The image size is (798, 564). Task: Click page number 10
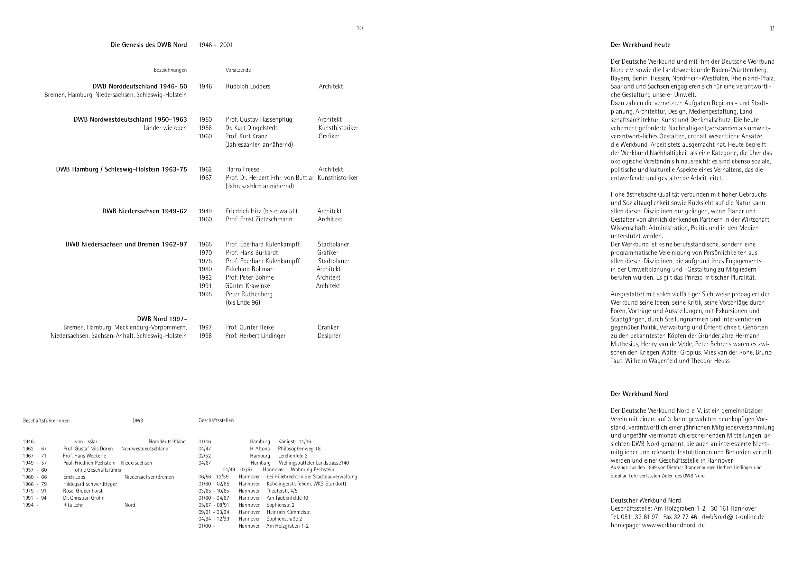tap(359, 28)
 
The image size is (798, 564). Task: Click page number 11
tap(772, 29)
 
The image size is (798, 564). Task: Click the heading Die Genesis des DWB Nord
tap(148, 45)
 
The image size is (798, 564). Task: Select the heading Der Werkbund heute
tap(640, 45)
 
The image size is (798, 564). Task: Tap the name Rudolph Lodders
tap(248, 86)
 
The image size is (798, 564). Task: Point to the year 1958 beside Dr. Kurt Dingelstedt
tap(205, 128)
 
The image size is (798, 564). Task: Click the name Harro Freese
tap(243, 169)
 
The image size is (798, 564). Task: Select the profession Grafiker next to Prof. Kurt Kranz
tap(329, 136)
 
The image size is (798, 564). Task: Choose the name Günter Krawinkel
tap(248, 286)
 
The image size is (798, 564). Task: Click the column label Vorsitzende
tap(238, 70)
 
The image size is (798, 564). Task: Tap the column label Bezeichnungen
tap(170, 70)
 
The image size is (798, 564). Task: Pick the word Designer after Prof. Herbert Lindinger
tap(329, 336)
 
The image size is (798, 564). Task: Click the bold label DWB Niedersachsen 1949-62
tap(144, 211)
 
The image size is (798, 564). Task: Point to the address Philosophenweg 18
tap(299, 448)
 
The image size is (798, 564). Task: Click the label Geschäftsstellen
tap(216, 420)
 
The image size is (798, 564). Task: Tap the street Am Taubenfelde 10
tap(287, 498)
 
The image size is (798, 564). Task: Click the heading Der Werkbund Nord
tap(639, 394)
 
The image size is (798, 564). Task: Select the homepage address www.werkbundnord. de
tap(673, 525)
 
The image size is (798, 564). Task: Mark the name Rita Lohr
tap(73, 505)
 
